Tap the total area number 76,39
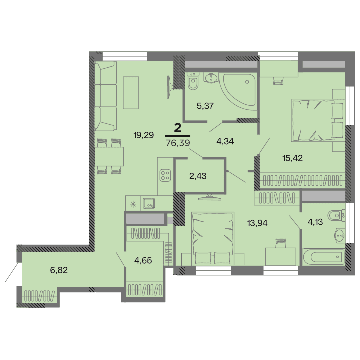coord(177,143)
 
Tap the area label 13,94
coord(258,223)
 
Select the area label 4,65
coord(143,260)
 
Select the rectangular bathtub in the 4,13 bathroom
coord(323,258)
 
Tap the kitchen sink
coord(149,203)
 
